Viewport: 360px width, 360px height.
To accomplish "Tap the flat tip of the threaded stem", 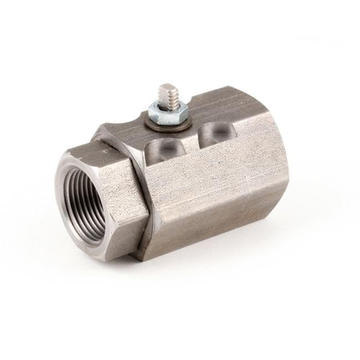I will click(x=167, y=89).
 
